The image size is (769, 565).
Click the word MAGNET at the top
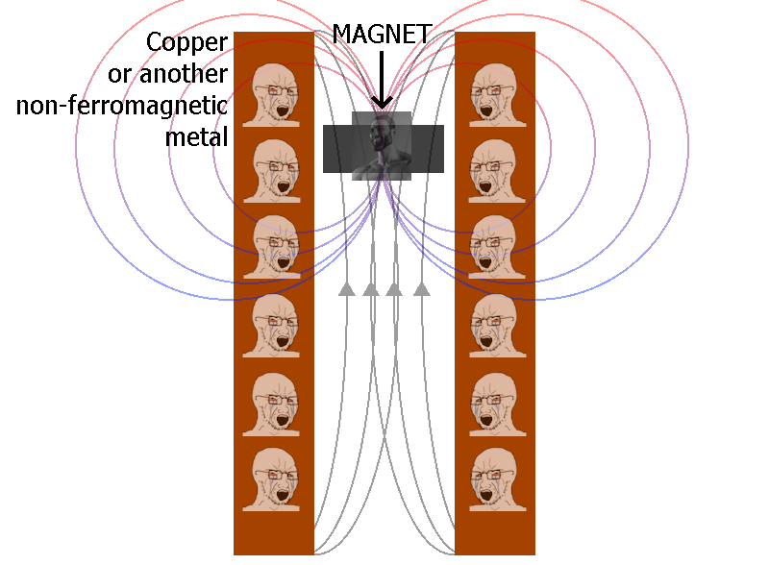pyautogui.click(x=382, y=34)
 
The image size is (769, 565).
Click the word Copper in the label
pyautogui.click(x=186, y=42)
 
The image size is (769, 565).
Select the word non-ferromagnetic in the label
pyautogui.click(x=121, y=105)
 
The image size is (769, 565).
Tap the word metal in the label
pyautogui.click(x=197, y=136)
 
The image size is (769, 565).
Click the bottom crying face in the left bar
pyautogui.click(x=273, y=478)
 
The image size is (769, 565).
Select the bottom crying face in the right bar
pyautogui.click(x=494, y=478)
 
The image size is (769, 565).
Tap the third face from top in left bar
pyautogui.click(x=273, y=246)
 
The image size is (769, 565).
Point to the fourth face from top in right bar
pyautogui.click(x=494, y=324)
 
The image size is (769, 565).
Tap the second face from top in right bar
pyautogui.click(x=494, y=169)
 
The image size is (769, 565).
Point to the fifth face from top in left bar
pyautogui.click(x=273, y=401)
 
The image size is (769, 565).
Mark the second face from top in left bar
pyautogui.click(x=273, y=169)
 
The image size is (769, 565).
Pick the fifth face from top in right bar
pyautogui.click(x=494, y=401)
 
